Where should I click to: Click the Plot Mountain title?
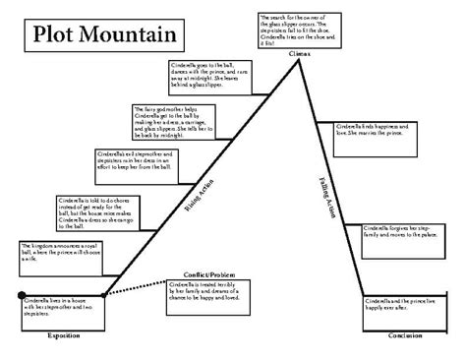tap(98, 36)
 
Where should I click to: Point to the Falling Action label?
tap(327, 197)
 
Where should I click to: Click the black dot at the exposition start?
tap(21, 294)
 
